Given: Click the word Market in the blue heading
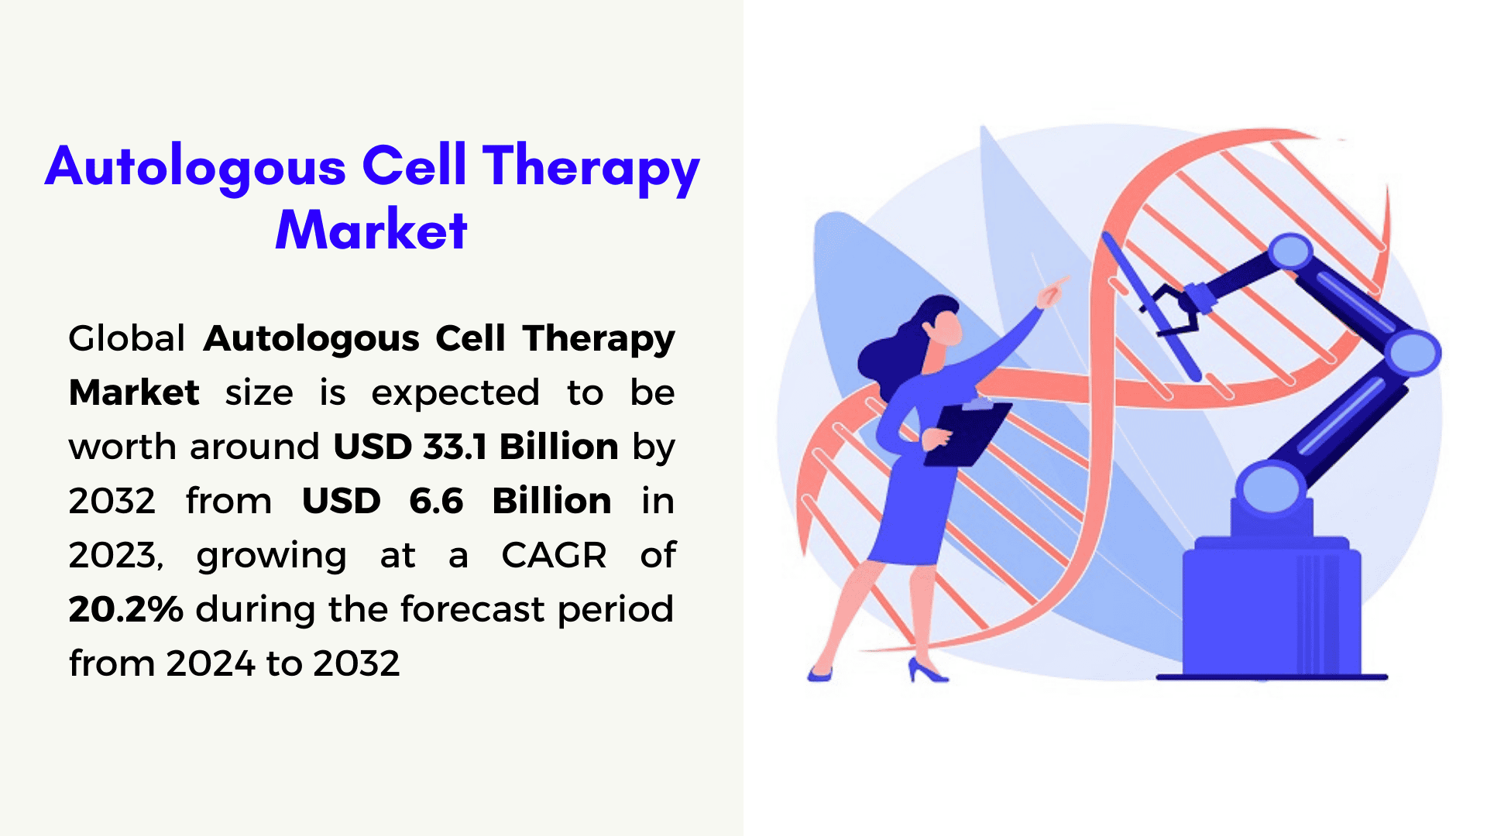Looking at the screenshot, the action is [x=371, y=230].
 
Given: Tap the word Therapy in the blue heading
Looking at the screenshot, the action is [x=591, y=168].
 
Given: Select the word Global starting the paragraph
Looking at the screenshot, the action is [x=126, y=338].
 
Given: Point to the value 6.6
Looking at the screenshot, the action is [x=436, y=501].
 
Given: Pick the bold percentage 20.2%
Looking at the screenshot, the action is [x=125, y=609].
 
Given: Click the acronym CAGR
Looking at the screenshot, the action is [x=554, y=555].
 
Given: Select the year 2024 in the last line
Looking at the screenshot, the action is [x=211, y=663].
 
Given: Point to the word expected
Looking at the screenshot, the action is [x=455, y=394].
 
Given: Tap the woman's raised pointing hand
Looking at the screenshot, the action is [x=1052, y=292].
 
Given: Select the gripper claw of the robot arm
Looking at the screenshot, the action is [x=1174, y=310].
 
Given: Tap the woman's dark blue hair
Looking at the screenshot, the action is [x=898, y=344].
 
